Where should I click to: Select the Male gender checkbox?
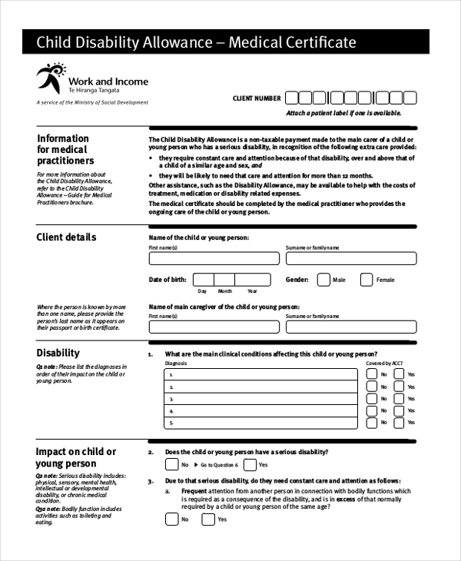(x=323, y=280)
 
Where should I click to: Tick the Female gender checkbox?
(x=366, y=280)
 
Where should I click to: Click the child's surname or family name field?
(x=351, y=259)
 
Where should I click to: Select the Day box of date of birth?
(x=203, y=280)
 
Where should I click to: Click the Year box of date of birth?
(x=252, y=280)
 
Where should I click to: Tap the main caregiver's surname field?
(x=351, y=327)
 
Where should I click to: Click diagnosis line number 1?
(x=261, y=375)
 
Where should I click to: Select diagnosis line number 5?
(x=261, y=423)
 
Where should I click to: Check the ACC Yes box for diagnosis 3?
(x=399, y=399)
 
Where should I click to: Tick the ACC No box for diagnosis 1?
(x=372, y=375)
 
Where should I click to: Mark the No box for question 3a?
(x=171, y=519)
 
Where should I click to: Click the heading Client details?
(x=66, y=237)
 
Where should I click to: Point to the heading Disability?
(x=58, y=353)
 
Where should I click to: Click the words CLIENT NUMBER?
(x=257, y=98)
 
